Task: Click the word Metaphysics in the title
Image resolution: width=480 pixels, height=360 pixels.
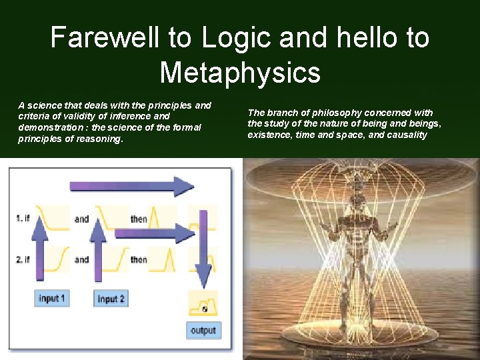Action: [240, 73]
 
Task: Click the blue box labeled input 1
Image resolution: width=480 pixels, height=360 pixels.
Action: [51, 298]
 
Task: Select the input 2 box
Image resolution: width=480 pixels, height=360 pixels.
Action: [110, 299]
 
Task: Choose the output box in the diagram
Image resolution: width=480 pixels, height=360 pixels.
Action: [203, 330]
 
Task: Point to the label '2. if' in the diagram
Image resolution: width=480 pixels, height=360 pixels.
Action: [23, 259]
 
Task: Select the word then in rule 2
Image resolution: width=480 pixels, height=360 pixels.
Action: [139, 259]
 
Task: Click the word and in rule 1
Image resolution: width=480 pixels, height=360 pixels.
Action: [81, 219]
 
